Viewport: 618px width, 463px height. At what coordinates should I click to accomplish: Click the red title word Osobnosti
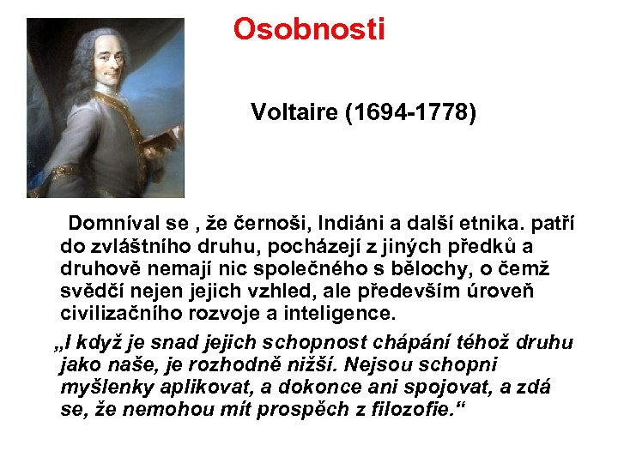pos(309,29)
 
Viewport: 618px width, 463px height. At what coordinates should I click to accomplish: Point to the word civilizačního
pos(121,313)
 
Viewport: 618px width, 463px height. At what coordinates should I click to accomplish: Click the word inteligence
pos(342,313)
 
